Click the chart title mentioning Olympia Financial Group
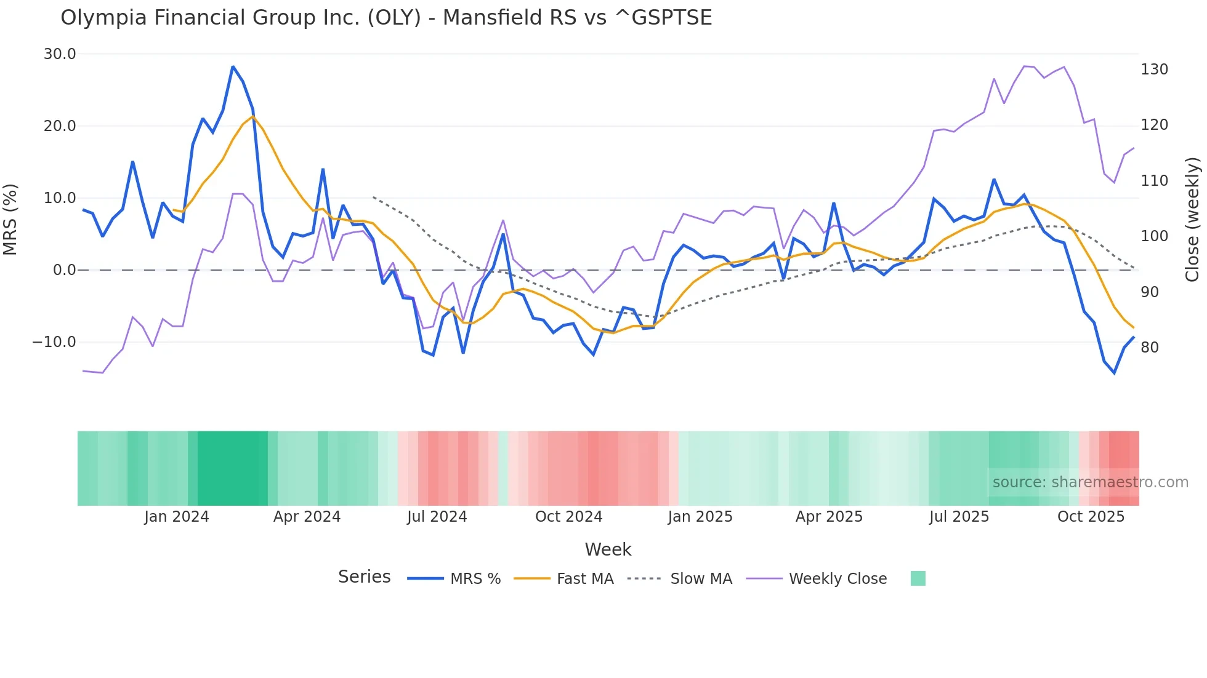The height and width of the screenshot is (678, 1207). [x=386, y=18]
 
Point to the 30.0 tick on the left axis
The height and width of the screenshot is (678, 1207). [x=60, y=54]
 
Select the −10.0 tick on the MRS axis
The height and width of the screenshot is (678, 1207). [x=54, y=342]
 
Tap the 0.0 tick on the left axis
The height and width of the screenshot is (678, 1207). [x=64, y=270]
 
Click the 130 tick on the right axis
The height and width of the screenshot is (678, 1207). [x=1154, y=70]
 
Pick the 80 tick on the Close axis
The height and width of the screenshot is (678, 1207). [x=1150, y=348]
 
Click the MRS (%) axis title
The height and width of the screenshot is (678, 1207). [x=10, y=220]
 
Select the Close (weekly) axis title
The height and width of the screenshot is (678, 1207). [x=1192, y=220]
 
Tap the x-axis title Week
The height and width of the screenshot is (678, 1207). [x=608, y=549]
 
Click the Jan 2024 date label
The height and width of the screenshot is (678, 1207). [x=177, y=517]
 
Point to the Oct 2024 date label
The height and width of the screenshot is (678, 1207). [x=568, y=517]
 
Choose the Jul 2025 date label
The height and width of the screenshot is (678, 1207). [x=959, y=517]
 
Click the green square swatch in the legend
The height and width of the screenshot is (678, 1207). [x=918, y=578]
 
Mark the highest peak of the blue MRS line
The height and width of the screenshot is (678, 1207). [x=233, y=66]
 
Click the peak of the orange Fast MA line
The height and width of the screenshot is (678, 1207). [x=252, y=116]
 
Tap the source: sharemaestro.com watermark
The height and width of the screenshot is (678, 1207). [x=1090, y=482]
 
